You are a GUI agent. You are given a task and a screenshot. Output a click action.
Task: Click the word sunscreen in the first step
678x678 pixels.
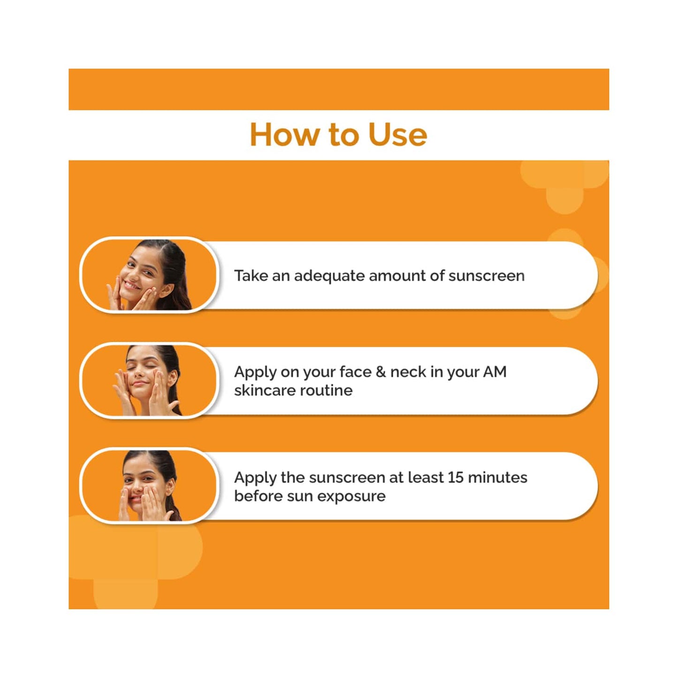click(x=486, y=276)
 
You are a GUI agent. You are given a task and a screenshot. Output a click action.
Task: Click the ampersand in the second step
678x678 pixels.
click(x=381, y=372)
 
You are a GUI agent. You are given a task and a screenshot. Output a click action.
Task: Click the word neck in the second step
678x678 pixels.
click(x=408, y=372)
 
